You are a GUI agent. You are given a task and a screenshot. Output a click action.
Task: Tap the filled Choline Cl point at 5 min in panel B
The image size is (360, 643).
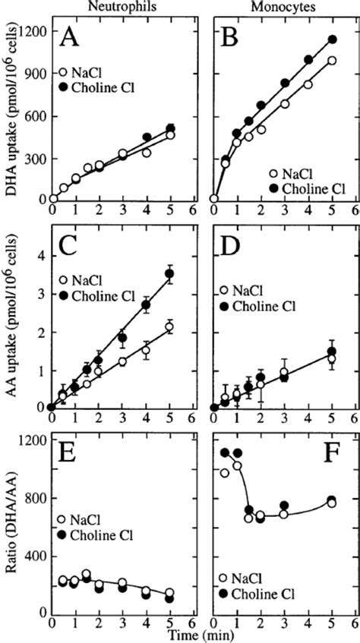(331, 39)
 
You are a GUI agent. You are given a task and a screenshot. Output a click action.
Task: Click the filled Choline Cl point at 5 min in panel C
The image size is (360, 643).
(169, 274)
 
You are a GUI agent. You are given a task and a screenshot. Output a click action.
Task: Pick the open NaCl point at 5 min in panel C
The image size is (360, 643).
(169, 327)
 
